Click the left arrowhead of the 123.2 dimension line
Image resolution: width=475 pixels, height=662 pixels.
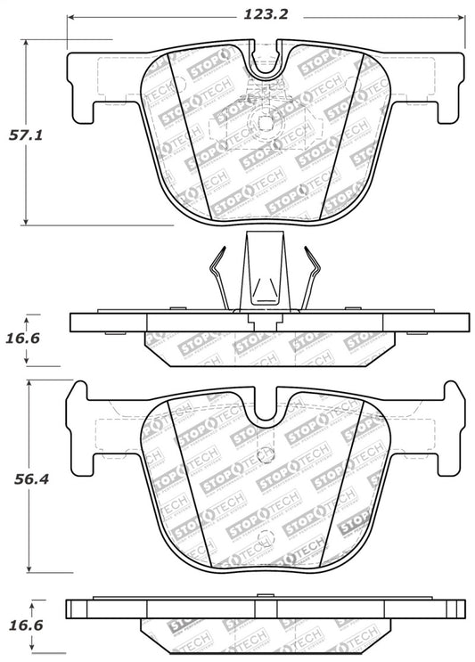(72, 16)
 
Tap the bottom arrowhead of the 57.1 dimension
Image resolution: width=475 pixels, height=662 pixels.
(27, 220)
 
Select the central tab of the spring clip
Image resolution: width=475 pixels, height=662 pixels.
(262, 272)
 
